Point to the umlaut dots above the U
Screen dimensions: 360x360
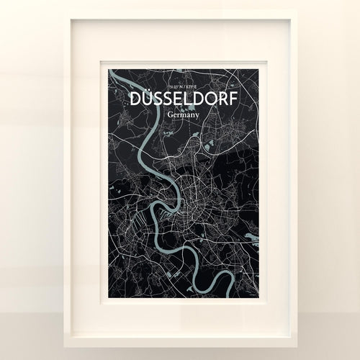click(146, 91)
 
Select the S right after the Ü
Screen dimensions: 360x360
click(159, 99)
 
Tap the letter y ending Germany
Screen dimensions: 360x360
click(199, 115)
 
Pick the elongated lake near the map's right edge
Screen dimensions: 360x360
click(253, 235)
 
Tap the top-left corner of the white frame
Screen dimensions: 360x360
click(66, 12)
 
